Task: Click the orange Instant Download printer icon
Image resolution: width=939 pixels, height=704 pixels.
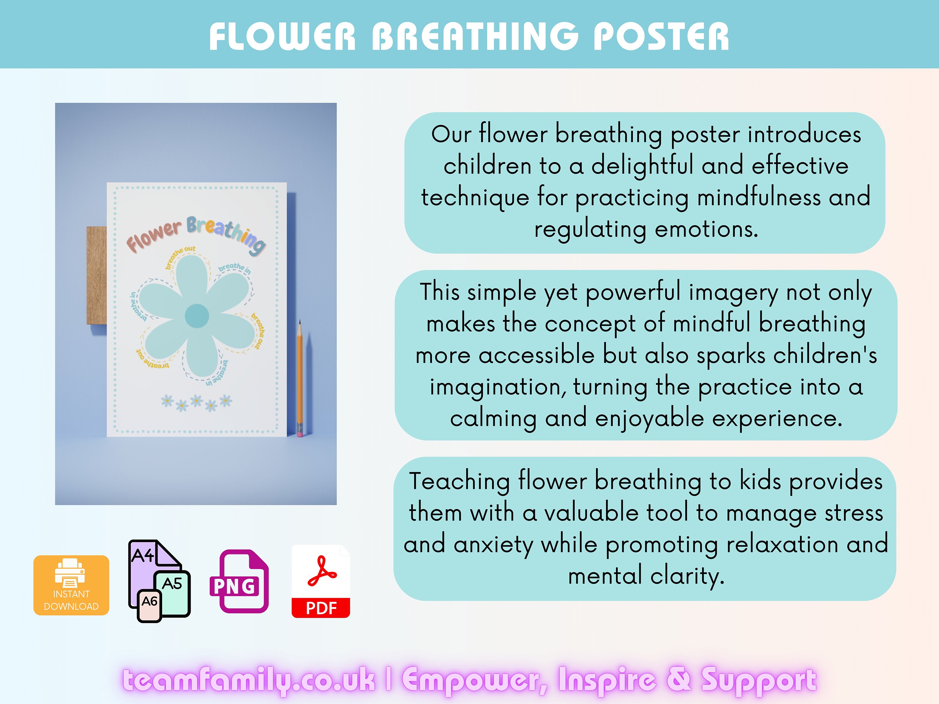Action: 71,585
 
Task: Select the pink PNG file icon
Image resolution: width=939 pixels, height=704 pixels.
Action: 239,581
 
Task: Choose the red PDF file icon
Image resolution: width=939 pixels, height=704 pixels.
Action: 321,581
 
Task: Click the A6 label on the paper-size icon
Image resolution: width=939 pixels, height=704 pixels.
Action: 149,602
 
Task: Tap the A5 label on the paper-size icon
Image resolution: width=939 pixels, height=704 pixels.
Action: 172,584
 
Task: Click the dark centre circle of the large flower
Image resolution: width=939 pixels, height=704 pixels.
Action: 197,316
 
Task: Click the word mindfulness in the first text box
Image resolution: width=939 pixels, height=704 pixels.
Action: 759,198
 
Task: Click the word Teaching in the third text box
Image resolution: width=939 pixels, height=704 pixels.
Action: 459,482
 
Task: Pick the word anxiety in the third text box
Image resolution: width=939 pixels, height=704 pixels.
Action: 493,544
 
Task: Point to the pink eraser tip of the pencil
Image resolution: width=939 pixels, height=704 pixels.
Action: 300,434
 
